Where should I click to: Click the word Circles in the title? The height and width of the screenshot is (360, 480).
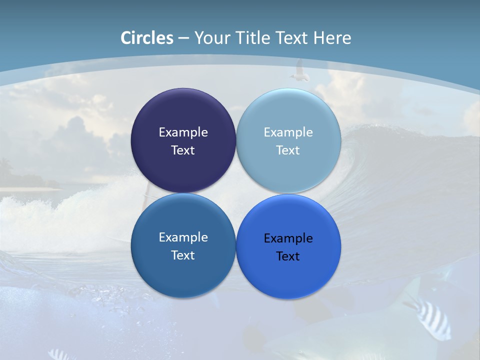tap(147, 38)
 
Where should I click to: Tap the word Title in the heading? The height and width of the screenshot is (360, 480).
tap(255, 38)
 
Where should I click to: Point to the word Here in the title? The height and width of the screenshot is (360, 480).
tap(332, 38)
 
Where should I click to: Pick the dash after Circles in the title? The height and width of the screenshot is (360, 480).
tap(183, 38)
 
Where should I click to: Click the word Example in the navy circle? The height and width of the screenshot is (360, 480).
tap(183, 132)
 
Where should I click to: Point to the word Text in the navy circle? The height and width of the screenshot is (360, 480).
tap(183, 150)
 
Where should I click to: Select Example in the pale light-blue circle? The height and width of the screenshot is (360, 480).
tap(288, 132)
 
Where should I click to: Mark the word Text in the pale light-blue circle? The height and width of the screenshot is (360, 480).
tap(288, 150)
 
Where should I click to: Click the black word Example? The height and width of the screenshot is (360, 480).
tap(288, 238)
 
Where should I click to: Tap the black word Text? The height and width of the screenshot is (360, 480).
tap(288, 256)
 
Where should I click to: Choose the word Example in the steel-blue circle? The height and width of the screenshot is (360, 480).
tap(183, 237)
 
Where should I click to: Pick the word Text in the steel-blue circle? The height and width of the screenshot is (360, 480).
tap(183, 255)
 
